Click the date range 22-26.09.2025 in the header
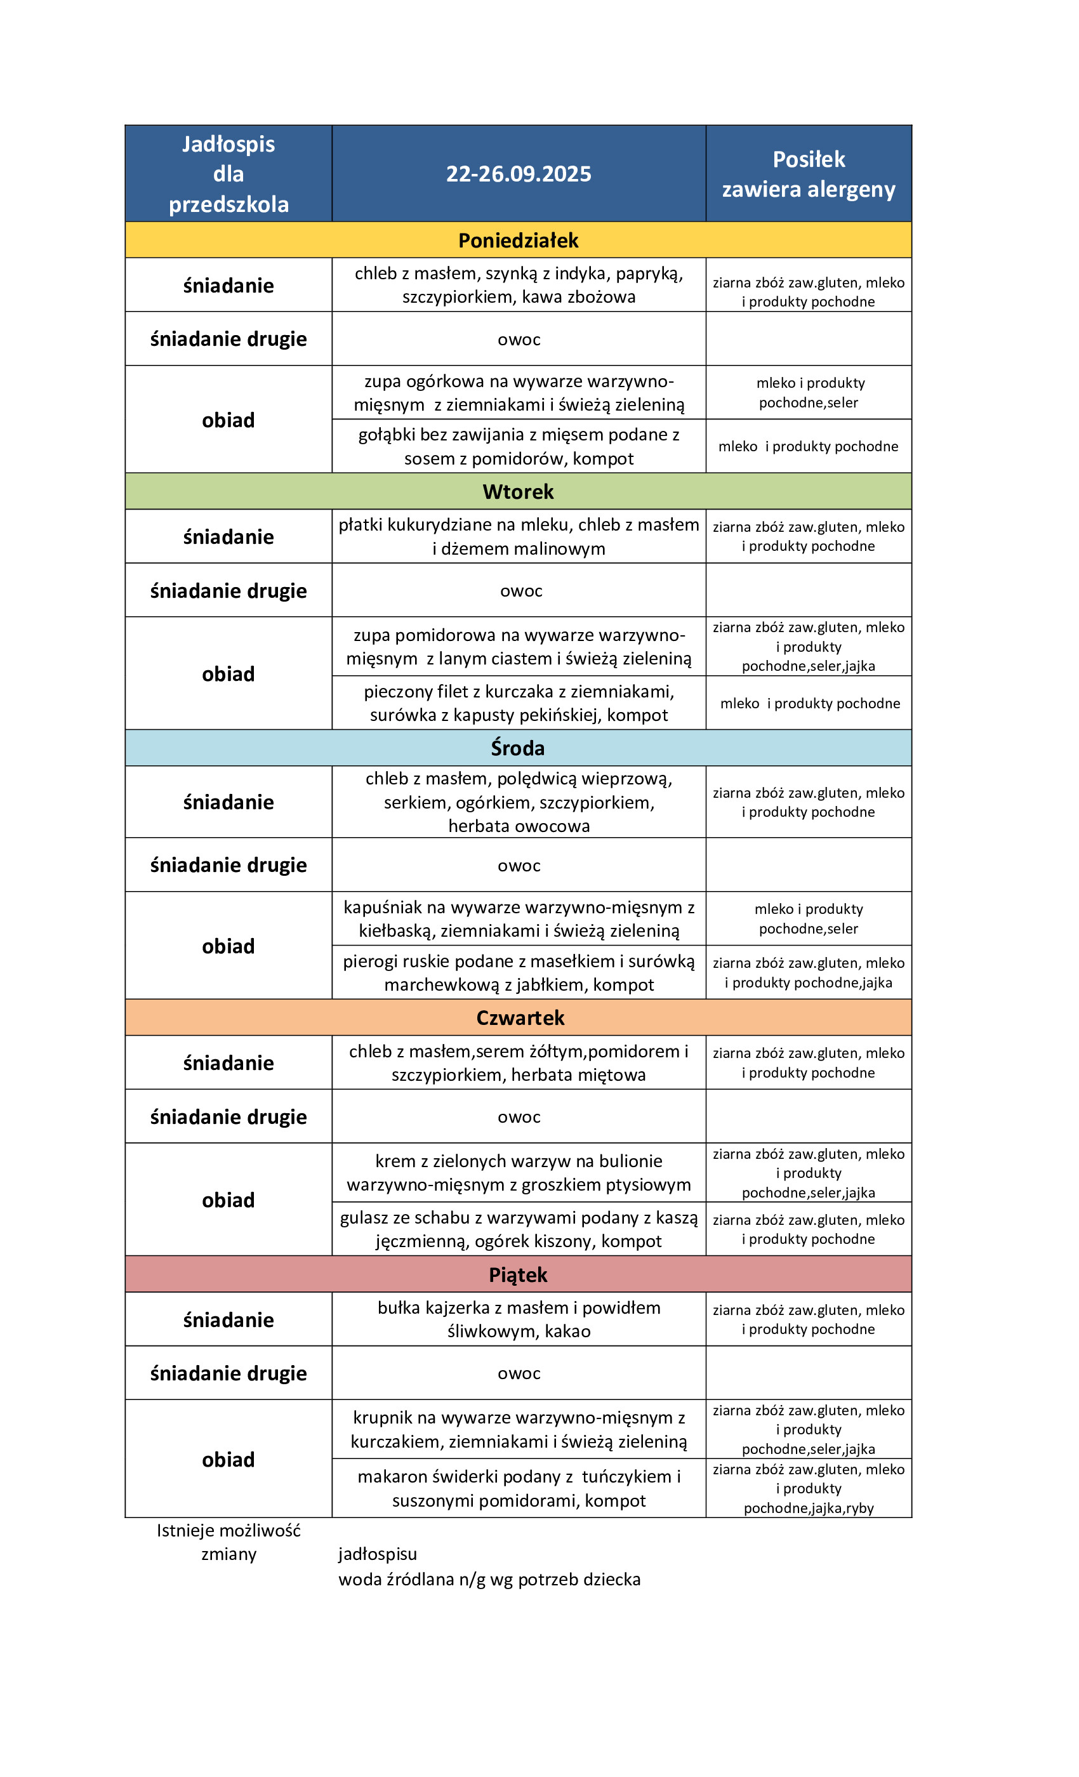518,174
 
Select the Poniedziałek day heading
518,240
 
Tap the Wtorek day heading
518,491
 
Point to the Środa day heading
518,748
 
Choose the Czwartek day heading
519,1017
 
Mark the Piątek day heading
518,1274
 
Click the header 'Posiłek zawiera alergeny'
808,174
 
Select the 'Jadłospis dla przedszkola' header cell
228,174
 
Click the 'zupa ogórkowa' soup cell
518,392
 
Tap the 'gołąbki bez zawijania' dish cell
518,446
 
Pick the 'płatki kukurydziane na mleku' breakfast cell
518,536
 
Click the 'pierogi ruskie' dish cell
518,972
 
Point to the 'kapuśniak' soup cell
518,918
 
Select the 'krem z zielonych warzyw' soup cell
518,1172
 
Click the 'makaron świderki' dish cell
518,1488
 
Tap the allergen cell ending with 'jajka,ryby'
808,1488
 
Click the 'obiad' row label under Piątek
228,1459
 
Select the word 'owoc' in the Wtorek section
520,591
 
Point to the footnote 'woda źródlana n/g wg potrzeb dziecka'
489,1579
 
